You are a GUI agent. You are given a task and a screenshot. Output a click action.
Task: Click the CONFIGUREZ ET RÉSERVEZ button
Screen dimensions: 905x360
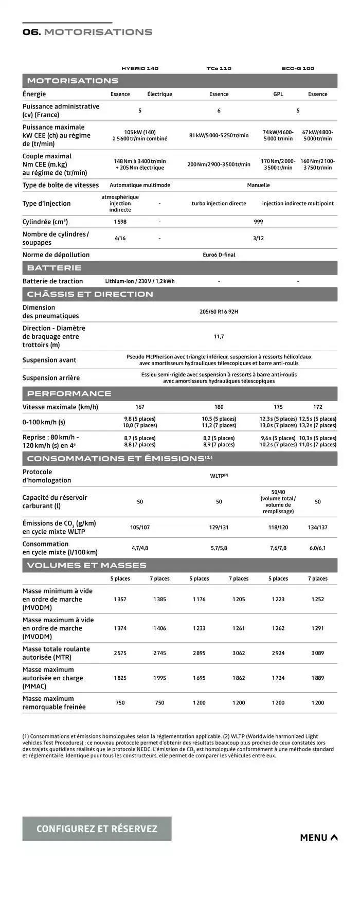97,828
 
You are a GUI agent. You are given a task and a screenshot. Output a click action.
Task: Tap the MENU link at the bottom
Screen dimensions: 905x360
319,838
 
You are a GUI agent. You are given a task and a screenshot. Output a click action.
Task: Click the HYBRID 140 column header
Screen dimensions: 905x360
140,68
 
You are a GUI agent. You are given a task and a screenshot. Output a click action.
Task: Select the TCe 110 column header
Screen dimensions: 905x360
219,68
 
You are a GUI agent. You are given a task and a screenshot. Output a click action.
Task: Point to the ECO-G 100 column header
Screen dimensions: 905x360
298,68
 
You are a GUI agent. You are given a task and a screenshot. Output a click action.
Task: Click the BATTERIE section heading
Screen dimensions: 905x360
54,268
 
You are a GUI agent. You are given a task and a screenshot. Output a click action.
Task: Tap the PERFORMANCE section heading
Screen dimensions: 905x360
69,393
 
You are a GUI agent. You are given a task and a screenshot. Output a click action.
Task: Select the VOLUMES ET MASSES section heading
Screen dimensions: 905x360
86,565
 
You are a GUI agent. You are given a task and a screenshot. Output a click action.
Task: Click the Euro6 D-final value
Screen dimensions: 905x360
219,255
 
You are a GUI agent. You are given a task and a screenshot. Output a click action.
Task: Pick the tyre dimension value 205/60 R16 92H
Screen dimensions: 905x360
219,312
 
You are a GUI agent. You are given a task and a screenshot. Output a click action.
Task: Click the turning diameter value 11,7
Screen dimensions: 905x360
219,337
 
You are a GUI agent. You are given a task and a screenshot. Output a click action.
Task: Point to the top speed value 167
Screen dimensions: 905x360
140,407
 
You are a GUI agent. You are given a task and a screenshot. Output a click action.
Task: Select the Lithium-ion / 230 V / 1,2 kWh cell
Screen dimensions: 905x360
140,281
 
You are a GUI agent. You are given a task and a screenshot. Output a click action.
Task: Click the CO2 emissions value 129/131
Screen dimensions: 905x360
219,527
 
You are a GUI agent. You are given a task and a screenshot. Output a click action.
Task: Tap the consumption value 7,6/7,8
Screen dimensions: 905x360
278,548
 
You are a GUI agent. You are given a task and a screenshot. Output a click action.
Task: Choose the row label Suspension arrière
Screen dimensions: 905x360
51,378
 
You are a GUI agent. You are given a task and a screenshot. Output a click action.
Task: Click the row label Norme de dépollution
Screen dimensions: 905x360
56,255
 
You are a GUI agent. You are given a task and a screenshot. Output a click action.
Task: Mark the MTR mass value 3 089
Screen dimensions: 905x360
318,653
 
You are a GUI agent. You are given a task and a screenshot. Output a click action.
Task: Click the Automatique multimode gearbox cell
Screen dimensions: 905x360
140,185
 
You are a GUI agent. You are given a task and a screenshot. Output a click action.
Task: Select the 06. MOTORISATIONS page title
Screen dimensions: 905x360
87,32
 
